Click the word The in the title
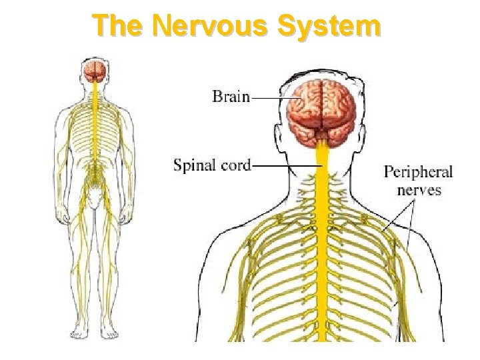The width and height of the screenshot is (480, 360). tap(119, 27)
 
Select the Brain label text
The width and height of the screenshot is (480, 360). tap(231, 97)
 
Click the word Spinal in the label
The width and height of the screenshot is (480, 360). tap(195, 165)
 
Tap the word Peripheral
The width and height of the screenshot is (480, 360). tap(418, 172)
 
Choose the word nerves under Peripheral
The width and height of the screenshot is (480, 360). tap(419, 189)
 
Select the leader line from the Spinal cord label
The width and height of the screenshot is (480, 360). tap(287, 165)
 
